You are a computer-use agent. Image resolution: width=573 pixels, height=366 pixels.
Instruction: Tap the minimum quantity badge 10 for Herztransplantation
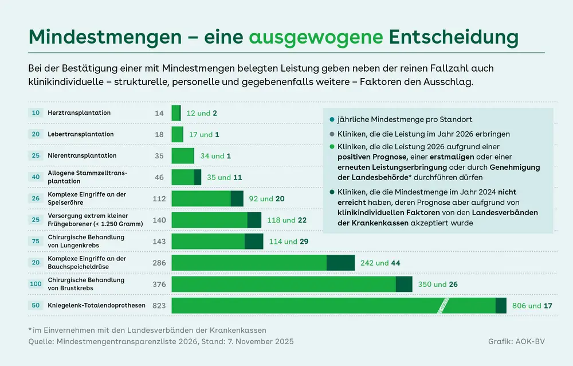pyautogui.click(x=36, y=113)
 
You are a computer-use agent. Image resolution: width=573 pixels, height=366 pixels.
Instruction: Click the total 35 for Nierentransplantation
pyautogui.click(x=159, y=156)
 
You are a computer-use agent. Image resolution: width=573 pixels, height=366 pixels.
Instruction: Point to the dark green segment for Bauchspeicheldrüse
pyautogui.click(x=340, y=263)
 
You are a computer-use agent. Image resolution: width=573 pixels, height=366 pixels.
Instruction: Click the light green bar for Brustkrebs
pyautogui.click(x=284, y=284)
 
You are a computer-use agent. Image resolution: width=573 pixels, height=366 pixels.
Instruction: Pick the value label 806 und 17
pyautogui.click(x=532, y=306)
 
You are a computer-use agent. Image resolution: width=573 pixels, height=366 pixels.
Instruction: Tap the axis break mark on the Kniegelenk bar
pyautogui.click(x=444, y=306)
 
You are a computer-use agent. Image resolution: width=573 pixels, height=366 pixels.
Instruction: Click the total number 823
pyautogui.click(x=159, y=306)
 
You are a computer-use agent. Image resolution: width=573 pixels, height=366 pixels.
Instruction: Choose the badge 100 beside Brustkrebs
pyautogui.click(x=36, y=284)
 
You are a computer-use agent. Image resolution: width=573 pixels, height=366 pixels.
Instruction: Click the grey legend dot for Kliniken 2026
pyautogui.click(x=332, y=134)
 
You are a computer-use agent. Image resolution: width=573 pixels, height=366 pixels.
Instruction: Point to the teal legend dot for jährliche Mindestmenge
pyautogui.click(x=332, y=120)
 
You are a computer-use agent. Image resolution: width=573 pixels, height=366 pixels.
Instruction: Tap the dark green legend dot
pyautogui.click(x=332, y=192)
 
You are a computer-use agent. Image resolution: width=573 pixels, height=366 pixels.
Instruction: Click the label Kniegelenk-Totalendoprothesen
pyautogui.click(x=97, y=305)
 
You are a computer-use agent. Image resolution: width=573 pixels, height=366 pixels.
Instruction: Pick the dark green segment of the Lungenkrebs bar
pyautogui.click(x=254, y=242)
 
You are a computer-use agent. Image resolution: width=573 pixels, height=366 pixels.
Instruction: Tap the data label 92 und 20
pyautogui.click(x=267, y=199)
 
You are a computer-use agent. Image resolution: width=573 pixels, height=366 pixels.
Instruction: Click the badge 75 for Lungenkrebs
pyautogui.click(x=36, y=242)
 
